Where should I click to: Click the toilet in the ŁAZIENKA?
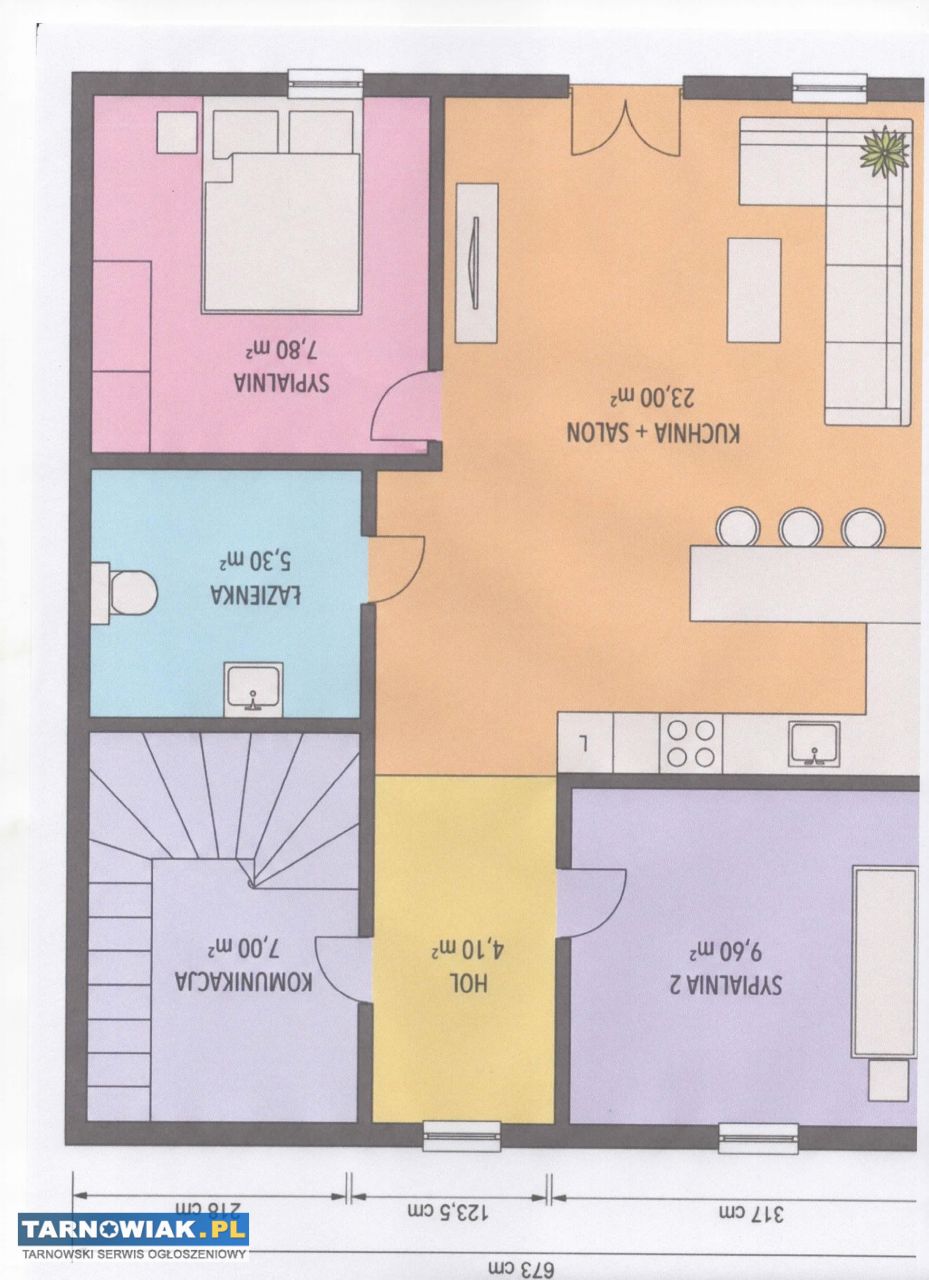(125, 593)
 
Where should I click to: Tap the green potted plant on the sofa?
(884, 153)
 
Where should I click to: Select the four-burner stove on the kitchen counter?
(691, 743)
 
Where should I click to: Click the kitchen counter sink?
(814, 743)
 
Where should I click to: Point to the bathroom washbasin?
(253, 689)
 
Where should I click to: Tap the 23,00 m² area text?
(653, 397)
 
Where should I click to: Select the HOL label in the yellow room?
(470, 983)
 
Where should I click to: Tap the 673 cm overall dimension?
(521, 1270)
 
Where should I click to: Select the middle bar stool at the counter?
(800, 527)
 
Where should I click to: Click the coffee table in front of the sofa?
(754, 290)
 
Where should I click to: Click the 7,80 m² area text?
(281, 350)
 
